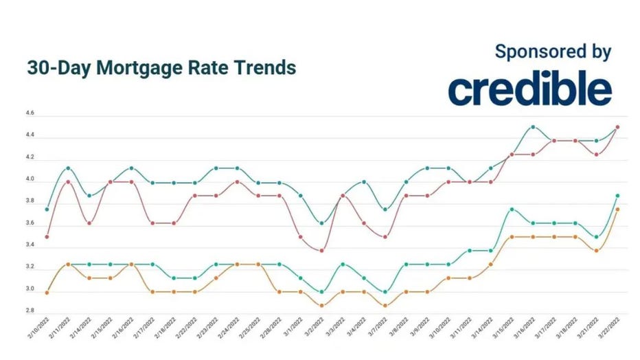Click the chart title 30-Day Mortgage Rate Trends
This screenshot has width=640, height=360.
point(161,68)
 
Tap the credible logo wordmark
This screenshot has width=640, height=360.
point(529,89)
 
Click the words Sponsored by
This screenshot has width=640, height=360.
point(552,51)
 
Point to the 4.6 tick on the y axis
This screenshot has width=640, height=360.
point(30,113)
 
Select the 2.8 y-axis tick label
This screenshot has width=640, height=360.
point(30,311)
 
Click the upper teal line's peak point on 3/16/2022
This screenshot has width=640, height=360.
point(533,126)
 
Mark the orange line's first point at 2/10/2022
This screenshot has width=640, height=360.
point(47,292)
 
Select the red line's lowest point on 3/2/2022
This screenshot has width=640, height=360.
point(321,250)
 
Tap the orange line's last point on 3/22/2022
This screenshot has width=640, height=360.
point(618,210)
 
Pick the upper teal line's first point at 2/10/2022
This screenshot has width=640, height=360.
point(47,209)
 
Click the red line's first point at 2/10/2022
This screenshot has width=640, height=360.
point(47,236)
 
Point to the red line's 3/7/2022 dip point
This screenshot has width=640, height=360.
point(385,236)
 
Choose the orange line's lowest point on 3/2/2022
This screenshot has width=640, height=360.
point(321,305)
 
